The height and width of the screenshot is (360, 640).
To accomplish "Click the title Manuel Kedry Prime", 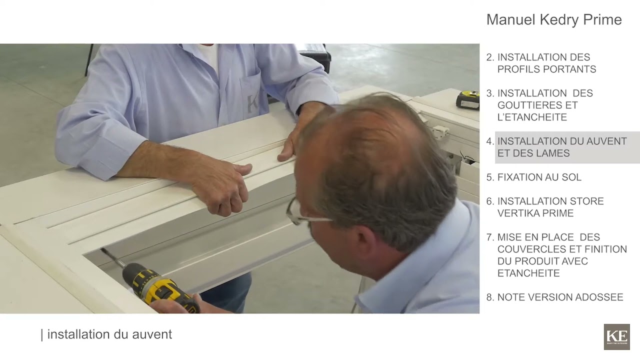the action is tap(554, 19).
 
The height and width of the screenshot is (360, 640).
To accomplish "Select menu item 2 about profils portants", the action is tap(541, 63).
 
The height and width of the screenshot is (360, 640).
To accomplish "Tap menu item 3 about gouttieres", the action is tap(539, 105).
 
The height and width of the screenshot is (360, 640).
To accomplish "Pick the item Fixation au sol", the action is tap(533, 177).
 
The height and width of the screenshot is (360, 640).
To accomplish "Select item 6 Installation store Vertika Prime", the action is tap(545, 207).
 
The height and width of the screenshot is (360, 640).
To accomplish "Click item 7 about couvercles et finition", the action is tap(556, 255).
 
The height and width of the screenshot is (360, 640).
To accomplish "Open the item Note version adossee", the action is tap(554, 297).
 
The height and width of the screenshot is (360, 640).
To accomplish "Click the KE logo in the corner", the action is tap(617, 336).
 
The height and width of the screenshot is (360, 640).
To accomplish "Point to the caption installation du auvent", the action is tap(106, 334).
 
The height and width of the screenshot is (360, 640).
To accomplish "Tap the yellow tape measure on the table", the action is tap(468, 99).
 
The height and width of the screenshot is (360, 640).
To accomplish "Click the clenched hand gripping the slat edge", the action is tap(225, 188).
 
